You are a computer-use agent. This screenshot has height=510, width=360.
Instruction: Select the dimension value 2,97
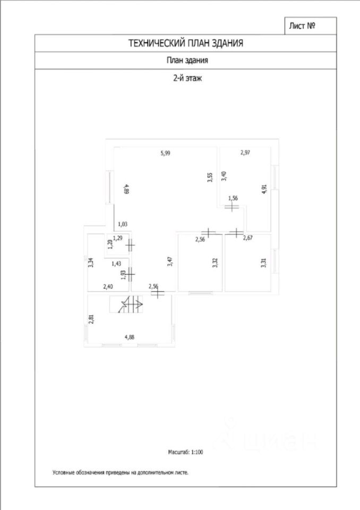click(245, 153)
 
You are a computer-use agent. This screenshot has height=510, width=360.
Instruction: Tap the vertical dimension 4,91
click(264, 190)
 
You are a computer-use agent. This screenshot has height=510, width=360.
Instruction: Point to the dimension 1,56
click(233, 198)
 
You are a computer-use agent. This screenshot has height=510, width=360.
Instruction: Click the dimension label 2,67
click(248, 237)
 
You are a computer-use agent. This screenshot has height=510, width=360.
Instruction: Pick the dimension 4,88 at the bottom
click(130, 336)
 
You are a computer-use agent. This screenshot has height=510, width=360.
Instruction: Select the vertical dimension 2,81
click(91, 319)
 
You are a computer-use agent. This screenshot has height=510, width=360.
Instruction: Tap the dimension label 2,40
click(107, 287)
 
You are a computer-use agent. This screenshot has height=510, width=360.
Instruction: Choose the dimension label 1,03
click(123, 224)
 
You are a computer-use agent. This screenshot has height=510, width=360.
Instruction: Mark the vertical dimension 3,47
click(169, 262)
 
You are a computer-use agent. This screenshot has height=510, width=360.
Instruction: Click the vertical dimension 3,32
click(215, 263)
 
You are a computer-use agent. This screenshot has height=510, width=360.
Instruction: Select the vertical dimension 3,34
click(91, 263)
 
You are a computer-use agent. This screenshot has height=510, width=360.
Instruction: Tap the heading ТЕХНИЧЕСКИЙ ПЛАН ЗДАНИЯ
click(186, 44)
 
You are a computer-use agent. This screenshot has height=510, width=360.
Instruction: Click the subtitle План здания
click(187, 61)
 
